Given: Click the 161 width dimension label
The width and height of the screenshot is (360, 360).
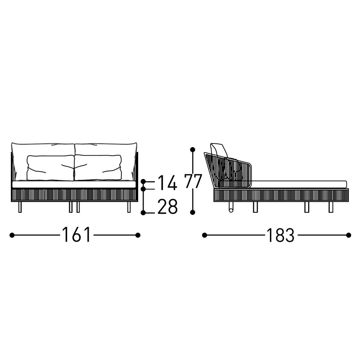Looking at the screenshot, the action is click(x=76, y=234).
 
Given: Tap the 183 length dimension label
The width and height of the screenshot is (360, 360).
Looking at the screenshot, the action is click(x=280, y=235).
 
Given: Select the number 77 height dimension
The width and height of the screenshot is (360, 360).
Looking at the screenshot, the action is click(x=193, y=181).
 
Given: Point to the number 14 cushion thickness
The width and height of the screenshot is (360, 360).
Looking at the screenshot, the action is click(x=167, y=183).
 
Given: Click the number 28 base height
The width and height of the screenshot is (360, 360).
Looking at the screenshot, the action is click(x=167, y=207).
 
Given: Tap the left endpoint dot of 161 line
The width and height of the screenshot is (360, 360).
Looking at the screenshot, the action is click(x=12, y=235).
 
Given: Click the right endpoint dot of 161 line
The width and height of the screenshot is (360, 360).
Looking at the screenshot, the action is click(x=138, y=235).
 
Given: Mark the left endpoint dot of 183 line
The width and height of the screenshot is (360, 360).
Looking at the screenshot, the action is click(x=204, y=235).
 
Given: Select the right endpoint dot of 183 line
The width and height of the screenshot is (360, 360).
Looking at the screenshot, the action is click(x=348, y=235).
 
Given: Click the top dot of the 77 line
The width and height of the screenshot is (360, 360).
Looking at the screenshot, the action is click(x=193, y=150).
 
